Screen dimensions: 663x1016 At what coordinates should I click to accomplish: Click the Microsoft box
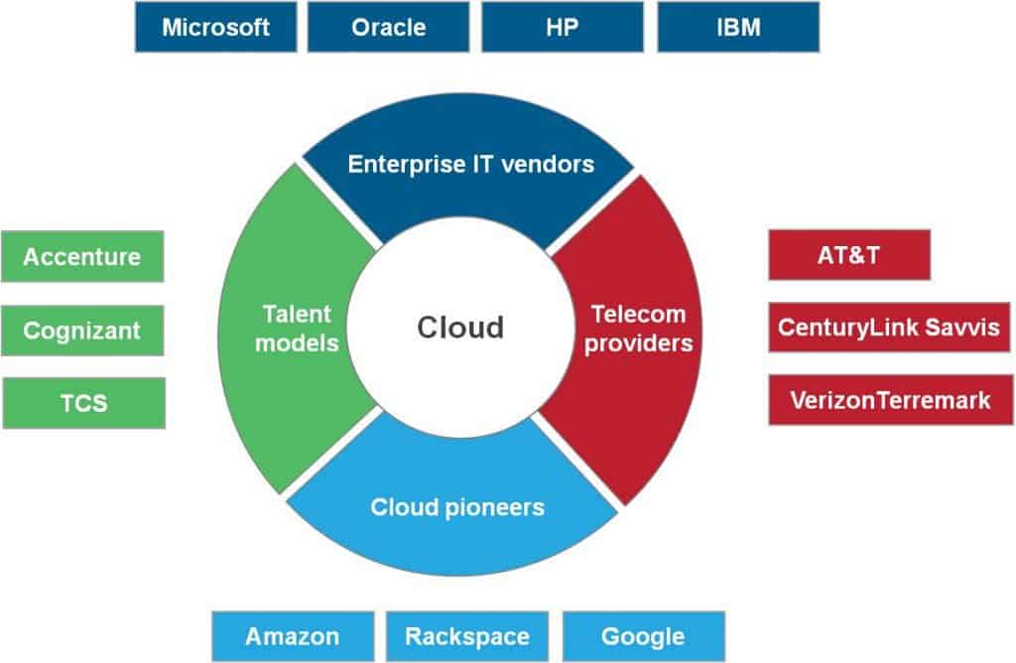point(215,27)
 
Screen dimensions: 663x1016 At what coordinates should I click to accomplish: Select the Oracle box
point(388,27)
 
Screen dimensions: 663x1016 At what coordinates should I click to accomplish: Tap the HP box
point(563,27)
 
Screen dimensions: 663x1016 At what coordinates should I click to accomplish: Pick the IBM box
point(737,27)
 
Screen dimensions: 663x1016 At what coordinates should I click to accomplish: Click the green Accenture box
point(82,257)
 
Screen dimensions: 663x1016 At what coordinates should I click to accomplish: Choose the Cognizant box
point(82,331)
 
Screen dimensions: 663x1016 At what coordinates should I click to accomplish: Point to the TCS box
point(82,403)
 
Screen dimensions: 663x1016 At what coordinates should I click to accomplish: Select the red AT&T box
point(849,255)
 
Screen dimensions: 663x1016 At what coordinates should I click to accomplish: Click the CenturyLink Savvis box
point(890,328)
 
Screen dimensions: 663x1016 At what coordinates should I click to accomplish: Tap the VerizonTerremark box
point(890,400)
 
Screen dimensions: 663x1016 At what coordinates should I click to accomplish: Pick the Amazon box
point(293,636)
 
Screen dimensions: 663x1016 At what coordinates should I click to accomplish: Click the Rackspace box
point(467,636)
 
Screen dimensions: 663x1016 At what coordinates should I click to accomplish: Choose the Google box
point(643,636)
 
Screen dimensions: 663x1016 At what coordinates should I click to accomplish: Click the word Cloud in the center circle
point(460,327)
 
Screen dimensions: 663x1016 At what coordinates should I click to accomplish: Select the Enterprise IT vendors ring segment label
point(470,164)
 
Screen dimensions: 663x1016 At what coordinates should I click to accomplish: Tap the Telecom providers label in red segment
point(638,329)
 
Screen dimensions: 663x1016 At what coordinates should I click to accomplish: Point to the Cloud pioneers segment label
point(457,507)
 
